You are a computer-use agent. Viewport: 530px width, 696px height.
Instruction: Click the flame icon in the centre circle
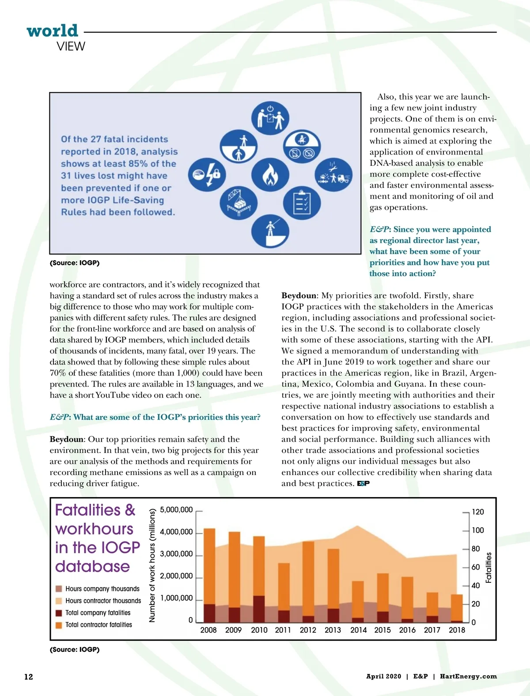270,175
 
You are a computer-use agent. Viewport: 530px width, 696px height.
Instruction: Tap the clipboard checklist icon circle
302,203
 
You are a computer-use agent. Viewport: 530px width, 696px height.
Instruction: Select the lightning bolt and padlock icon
207,174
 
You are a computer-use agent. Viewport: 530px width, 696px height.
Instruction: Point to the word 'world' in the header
52,31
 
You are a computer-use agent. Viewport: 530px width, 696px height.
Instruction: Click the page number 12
29,677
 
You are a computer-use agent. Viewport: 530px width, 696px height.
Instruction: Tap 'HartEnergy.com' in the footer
468,676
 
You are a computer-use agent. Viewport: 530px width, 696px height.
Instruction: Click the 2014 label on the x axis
358,630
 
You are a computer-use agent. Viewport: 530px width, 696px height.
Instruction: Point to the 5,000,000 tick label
176,510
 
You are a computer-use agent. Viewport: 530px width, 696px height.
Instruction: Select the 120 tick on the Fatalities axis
478,512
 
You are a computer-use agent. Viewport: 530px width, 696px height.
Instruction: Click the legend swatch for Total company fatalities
59,613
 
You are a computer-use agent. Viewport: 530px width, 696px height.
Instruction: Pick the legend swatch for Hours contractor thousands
59,601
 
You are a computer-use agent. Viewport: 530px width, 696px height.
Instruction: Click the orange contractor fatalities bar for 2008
209,566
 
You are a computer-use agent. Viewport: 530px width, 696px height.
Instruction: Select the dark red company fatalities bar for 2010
259,609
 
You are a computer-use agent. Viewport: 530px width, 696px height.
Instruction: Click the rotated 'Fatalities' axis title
488,567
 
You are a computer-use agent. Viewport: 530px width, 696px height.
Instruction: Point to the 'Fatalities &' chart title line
95,510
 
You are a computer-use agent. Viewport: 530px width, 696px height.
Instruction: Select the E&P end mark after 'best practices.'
363,483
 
